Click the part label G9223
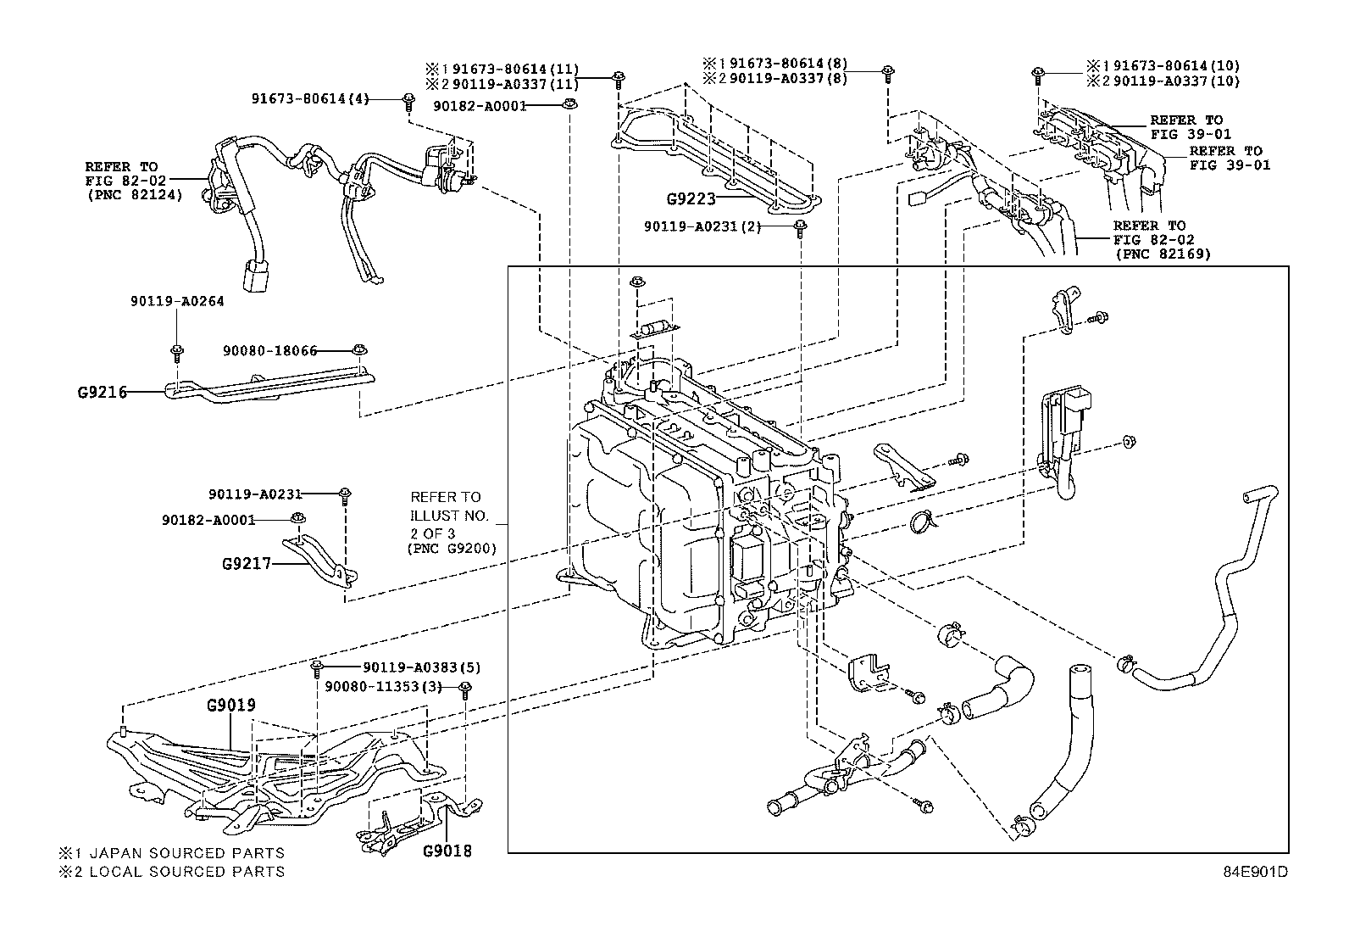coord(691,198)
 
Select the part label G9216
coord(103,393)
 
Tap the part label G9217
coord(247,564)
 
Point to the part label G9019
coord(231,705)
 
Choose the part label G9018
coord(447,851)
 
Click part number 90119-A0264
coord(177,301)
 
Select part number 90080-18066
coord(269,351)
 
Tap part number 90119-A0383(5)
coord(422,667)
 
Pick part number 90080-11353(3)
coord(384,687)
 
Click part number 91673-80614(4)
coord(310,99)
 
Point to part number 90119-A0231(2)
coord(702,226)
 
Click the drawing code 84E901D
coord(1255,872)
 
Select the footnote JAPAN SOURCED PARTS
coord(186,853)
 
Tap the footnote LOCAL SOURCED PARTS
coord(186,872)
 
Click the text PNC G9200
coord(452,549)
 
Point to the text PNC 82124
coord(135,195)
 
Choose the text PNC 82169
coord(1163,254)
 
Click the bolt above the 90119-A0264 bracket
coord(177,352)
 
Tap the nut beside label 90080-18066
coord(359,349)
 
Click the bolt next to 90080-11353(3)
coord(465,689)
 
